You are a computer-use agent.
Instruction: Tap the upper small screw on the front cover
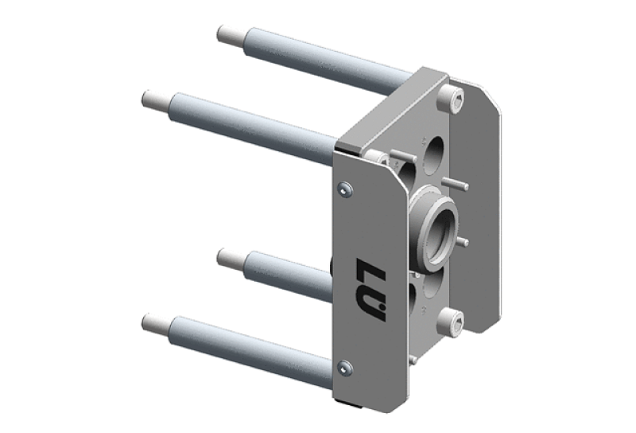coord(345,189)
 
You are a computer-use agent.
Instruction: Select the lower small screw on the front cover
coord(345,368)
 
